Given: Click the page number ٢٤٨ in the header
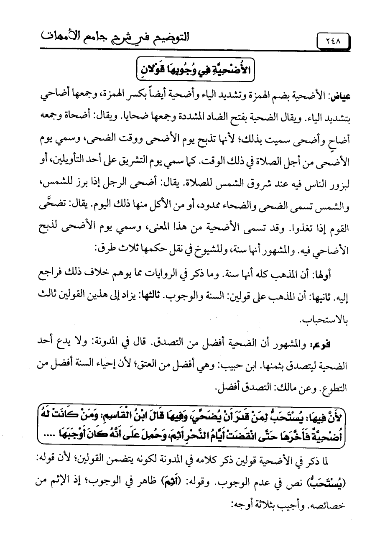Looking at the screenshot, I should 332,42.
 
